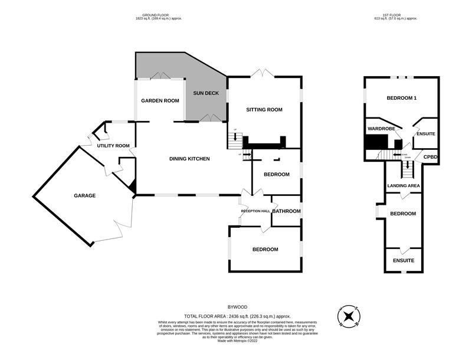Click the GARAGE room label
[85, 195]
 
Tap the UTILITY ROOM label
[113, 146]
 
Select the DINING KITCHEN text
[189, 158]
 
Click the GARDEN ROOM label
[160, 101]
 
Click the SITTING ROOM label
[264, 110]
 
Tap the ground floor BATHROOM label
[286, 211]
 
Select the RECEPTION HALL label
[255, 211]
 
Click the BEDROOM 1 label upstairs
[402, 98]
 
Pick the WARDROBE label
[381, 128]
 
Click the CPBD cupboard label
[431, 158]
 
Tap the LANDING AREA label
[404, 186]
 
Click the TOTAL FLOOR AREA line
[237, 316]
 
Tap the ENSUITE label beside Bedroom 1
[426, 134]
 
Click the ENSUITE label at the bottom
[404, 260]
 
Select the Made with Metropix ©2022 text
[237, 341]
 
